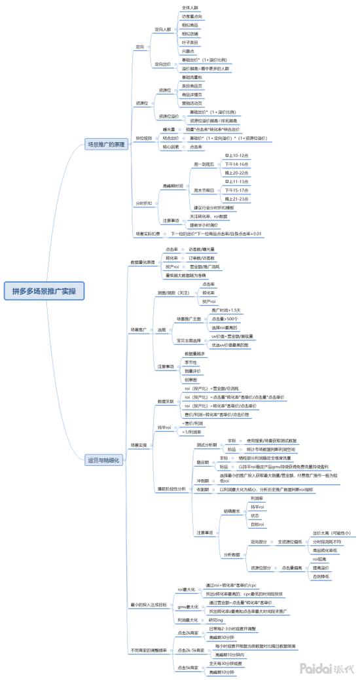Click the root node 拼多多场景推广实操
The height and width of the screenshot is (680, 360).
(44, 291)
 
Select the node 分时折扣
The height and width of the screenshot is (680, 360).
(143, 204)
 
